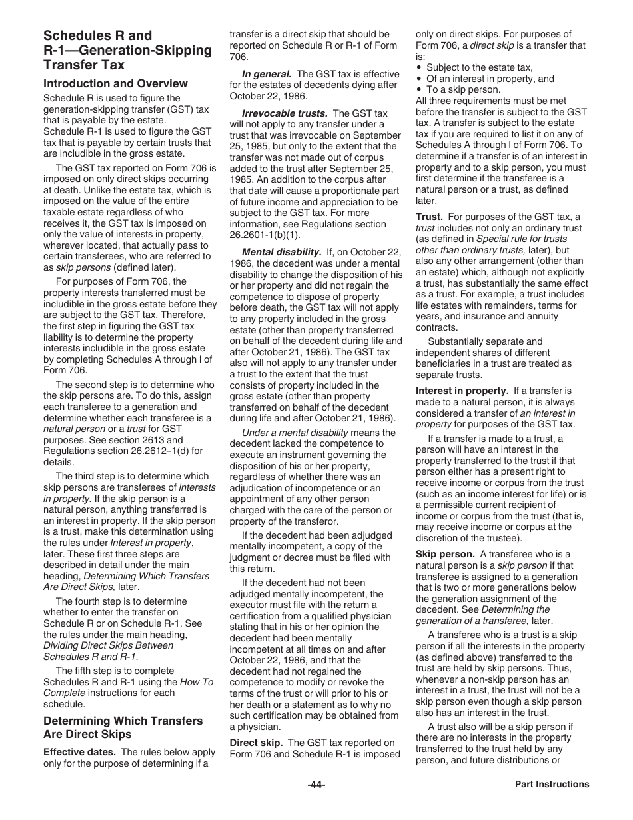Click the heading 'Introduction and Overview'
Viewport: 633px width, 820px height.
pos(115,84)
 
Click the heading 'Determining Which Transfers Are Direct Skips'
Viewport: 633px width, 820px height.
pos(123,727)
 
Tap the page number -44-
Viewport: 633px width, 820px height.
pos(316,785)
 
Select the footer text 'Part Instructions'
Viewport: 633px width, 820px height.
pos(552,785)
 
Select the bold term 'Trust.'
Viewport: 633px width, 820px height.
pos(429,217)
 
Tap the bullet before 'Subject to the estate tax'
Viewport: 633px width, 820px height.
pos(418,68)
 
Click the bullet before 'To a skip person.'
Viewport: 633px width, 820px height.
pos(418,89)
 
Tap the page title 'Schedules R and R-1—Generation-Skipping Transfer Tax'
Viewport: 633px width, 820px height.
pos(127,50)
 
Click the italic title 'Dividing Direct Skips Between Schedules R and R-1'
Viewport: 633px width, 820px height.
pos(108,651)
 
